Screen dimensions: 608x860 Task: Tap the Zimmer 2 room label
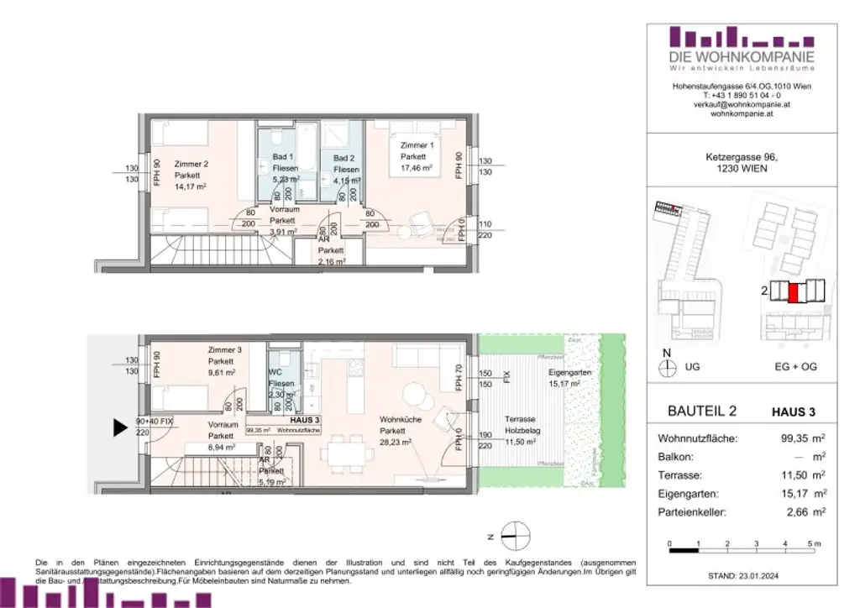(190, 164)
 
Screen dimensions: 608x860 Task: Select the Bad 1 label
(282, 157)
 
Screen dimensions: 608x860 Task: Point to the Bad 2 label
(344, 158)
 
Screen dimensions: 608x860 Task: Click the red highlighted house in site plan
(793, 291)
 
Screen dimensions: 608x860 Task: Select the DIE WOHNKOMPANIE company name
(729, 56)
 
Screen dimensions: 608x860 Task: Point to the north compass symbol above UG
(669, 366)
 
